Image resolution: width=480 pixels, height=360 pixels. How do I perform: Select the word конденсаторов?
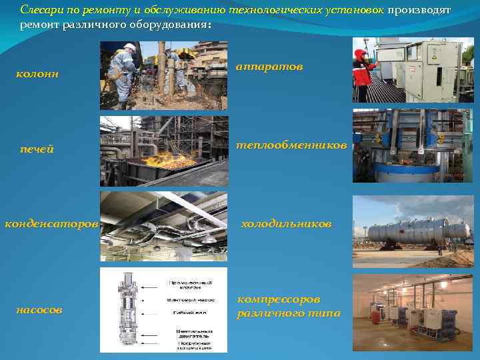pos(51,224)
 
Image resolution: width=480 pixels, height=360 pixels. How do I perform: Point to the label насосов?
pos(40,310)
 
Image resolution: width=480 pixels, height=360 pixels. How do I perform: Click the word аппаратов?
pos(269,67)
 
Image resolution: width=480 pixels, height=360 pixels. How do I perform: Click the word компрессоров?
pos(279,299)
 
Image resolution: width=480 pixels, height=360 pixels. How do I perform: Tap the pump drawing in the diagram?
pos(125,310)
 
